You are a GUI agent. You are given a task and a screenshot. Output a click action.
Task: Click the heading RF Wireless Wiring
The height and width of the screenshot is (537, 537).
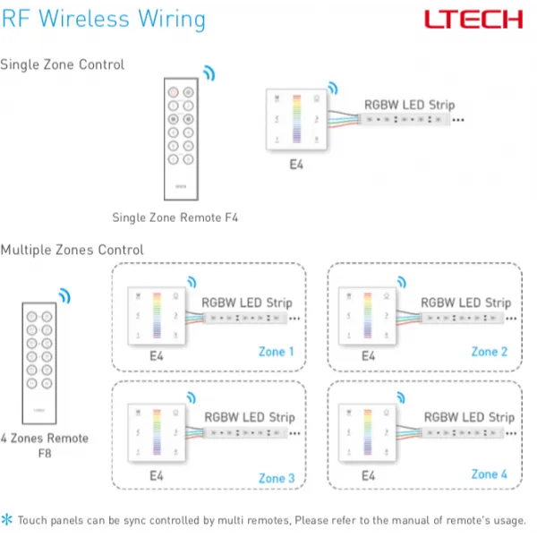(x=103, y=19)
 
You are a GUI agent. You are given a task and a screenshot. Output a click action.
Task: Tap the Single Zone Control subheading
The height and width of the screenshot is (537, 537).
(x=63, y=64)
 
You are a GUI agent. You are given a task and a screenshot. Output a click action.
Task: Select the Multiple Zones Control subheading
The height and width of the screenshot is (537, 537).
(x=72, y=250)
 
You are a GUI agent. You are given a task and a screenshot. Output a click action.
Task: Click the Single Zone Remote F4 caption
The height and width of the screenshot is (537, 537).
(x=175, y=217)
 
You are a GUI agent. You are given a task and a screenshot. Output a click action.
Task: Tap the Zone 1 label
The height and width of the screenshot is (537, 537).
(x=276, y=352)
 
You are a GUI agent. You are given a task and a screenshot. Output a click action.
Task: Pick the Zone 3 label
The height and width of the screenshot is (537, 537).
(x=277, y=478)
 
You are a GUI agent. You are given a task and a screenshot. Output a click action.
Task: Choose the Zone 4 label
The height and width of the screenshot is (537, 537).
(x=490, y=474)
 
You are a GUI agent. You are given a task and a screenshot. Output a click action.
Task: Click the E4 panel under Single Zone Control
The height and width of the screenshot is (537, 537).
(x=296, y=120)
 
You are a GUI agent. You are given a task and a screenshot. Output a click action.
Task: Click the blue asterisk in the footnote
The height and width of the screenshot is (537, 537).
(x=8, y=519)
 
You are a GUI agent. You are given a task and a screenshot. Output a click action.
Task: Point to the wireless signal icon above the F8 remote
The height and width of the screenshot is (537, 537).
(x=64, y=295)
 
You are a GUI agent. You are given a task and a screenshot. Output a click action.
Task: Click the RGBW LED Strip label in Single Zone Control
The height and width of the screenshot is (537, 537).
(x=409, y=105)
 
